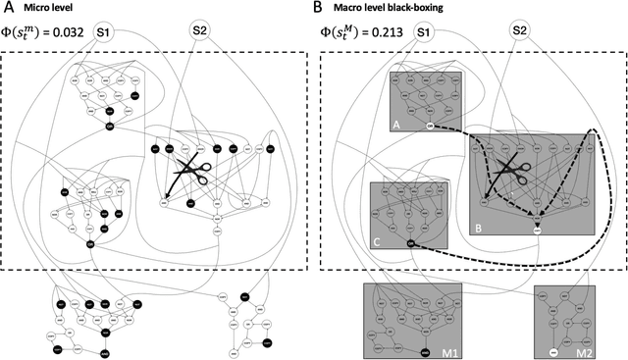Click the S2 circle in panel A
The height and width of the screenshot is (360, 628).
click(x=200, y=31)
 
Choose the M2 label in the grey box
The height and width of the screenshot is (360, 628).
click(x=585, y=350)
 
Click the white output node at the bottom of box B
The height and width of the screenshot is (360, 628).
click(x=538, y=231)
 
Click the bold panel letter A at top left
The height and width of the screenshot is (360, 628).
click(x=8, y=8)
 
